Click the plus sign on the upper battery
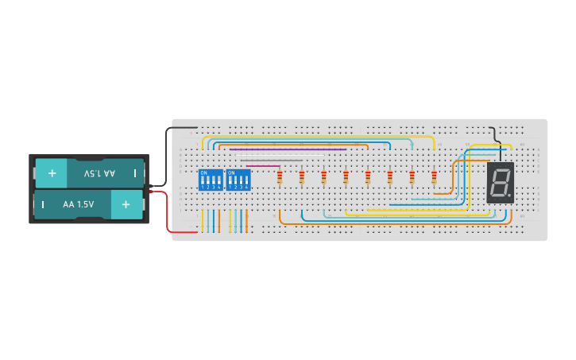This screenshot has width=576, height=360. tap(52, 172)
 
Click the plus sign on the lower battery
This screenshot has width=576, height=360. tap(126, 204)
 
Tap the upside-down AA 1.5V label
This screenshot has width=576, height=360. tap(99, 172)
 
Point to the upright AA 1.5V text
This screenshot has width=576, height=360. tap(79, 204)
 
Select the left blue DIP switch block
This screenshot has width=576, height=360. tap(211, 180)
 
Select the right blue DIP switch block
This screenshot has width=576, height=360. tap(238, 180)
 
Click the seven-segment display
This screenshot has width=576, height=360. tap(501, 183)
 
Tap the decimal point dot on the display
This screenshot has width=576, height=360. tap(509, 196)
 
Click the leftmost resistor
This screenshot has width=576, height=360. tap(280, 178)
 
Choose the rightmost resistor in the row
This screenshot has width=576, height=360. tap(434, 178)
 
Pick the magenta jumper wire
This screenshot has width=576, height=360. tap(262, 166)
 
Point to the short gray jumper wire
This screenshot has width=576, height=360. tap(278, 160)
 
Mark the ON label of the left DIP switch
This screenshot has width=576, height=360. tap(204, 172)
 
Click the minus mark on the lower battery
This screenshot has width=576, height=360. tap(43, 204)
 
